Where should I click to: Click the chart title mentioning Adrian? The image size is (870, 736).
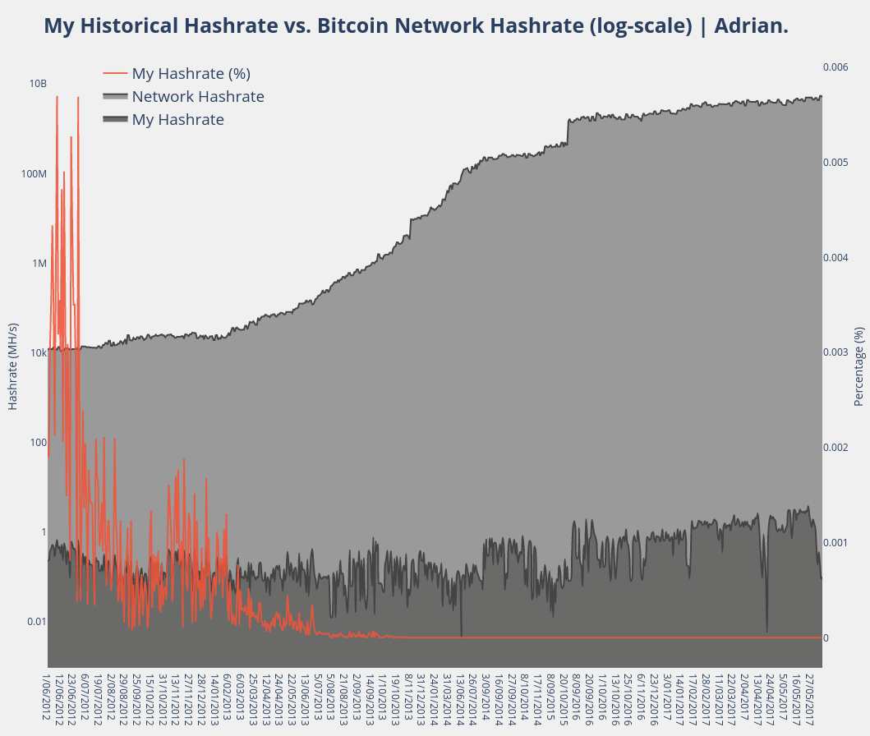click(416, 26)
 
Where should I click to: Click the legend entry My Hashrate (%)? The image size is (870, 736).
click(191, 73)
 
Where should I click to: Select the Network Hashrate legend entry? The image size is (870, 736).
click(198, 96)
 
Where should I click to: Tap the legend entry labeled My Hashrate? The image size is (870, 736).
click(177, 119)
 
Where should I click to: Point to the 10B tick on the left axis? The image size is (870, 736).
click(38, 84)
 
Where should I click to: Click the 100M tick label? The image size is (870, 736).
click(33, 174)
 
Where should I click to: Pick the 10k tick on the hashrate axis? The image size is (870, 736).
click(37, 353)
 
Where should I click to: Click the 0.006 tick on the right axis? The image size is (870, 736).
click(836, 67)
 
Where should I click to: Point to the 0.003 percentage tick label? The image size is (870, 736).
click(836, 352)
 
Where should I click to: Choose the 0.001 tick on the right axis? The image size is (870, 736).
click(836, 543)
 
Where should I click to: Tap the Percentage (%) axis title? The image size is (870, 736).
click(859, 366)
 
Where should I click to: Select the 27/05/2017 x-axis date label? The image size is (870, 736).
click(809, 698)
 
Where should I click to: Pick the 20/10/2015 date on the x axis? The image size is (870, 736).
click(564, 698)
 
